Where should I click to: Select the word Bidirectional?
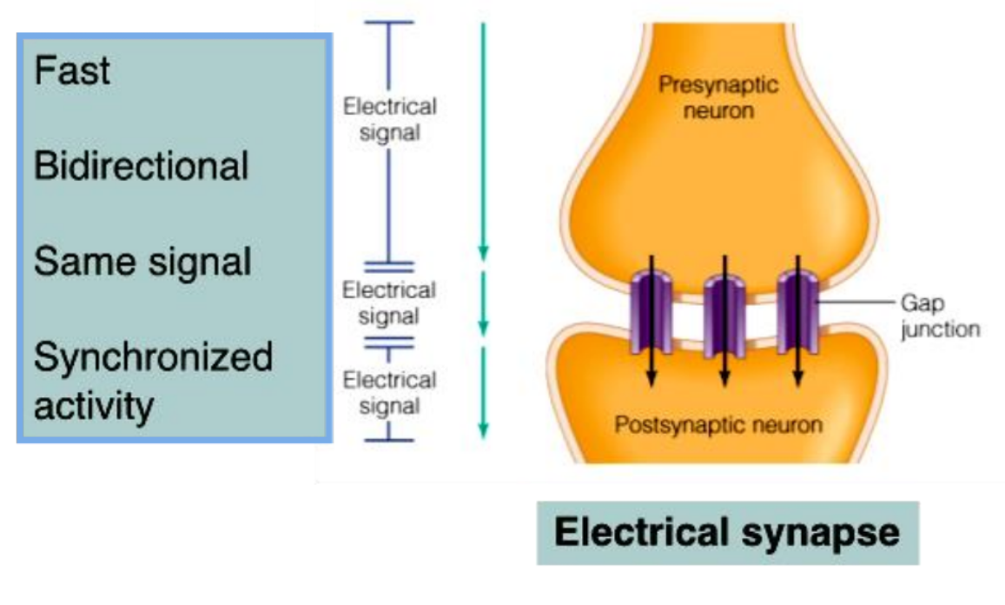pyautogui.click(x=141, y=166)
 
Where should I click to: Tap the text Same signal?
pyautogui.click(x=142, y=261)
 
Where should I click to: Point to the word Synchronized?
pyautogui.click(x=153, y=357)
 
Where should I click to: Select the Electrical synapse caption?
pyautogui.click(x=727, y=533)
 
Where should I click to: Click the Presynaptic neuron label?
pyautogui.click(x=718, y=98)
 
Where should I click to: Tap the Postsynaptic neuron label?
pyautogui.click(x=718, y=425)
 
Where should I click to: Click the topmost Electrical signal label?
pyautogui.click(x=389, y=120)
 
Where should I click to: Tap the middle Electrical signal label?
pyautogui.click(x=389, y=302)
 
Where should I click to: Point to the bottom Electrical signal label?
pyautogui.click(x=389, y=393)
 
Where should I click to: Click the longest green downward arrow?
pyautogui.click(x=484, y=139)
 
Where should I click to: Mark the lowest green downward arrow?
pyautogui.click(x=484, y=391)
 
